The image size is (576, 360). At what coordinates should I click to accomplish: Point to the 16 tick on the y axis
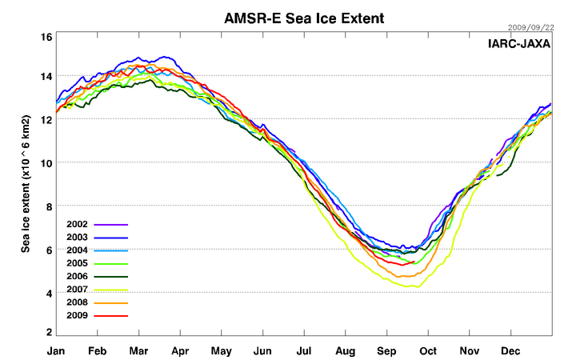pos(46,38)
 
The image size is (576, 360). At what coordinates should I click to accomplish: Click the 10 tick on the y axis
pos(46,162)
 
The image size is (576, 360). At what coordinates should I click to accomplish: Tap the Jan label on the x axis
pos(56,350)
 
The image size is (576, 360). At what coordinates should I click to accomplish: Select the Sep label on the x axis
pos(387,350)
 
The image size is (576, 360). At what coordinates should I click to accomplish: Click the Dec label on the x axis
pos(511,350)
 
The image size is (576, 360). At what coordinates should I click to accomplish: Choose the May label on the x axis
pos(222,350)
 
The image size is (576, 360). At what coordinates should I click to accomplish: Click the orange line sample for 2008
pos(111,302)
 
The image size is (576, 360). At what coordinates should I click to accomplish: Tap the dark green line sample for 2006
pos(111,277)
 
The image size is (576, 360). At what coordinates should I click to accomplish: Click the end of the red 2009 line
pos(414,262)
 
